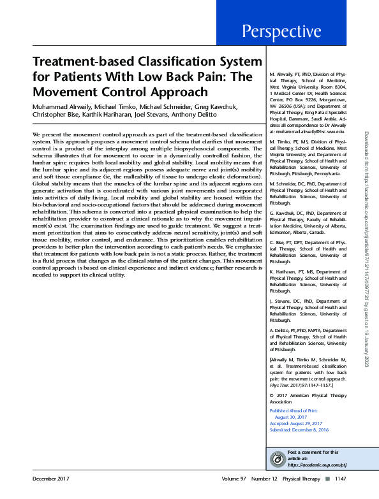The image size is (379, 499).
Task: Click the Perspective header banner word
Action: [280, 31]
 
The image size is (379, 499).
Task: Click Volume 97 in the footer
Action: [234, 478]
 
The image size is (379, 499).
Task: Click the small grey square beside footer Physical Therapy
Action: [327, 478]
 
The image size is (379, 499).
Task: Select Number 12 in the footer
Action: [264, 478]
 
